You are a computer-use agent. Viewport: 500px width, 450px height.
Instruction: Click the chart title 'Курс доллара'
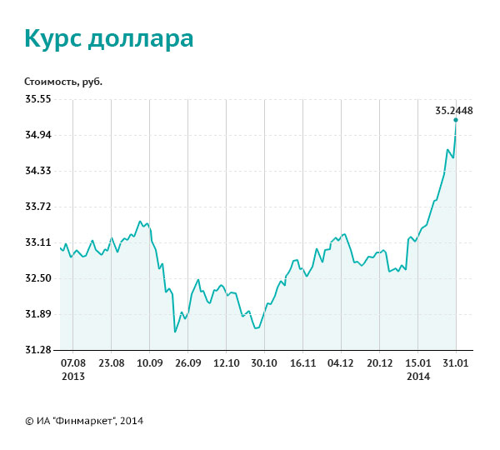tap(108, 38)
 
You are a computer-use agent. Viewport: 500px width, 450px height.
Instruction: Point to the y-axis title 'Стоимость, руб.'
tap(63, 82)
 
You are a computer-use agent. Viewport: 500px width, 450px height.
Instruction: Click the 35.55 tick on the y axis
tap(38, 98)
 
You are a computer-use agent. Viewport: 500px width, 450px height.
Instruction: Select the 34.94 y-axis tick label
tap(38, 134)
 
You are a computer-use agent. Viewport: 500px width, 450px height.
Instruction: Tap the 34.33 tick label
tap(38, 170)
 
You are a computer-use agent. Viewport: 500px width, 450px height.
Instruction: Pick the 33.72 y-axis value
tap(38, 206)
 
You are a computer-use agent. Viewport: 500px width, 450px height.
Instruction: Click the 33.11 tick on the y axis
tap(38, 242)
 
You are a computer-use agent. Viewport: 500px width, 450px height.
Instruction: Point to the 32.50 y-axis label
tap(38, 277)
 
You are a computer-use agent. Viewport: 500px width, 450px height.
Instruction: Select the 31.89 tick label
tap(38, 313)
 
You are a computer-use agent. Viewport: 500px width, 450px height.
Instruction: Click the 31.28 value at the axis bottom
tap(38, 349)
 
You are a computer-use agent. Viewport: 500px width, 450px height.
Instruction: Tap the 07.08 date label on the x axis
tap(73, 363)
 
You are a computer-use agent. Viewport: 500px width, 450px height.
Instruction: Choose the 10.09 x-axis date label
tap(150, 363)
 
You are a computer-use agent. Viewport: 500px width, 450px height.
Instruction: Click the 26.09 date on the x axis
tap(188, 363)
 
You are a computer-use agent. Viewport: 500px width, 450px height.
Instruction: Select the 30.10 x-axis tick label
tap(264, 363)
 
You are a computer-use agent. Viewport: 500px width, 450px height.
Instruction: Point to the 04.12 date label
tap(341, 363)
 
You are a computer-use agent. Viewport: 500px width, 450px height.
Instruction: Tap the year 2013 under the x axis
tap(73, 376)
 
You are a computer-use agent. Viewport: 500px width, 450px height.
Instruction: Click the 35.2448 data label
tap(454, 110)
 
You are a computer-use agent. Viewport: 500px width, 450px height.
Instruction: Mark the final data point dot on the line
tap(456, 120)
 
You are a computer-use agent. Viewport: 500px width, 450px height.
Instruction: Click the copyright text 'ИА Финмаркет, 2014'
tap(84, 421)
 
